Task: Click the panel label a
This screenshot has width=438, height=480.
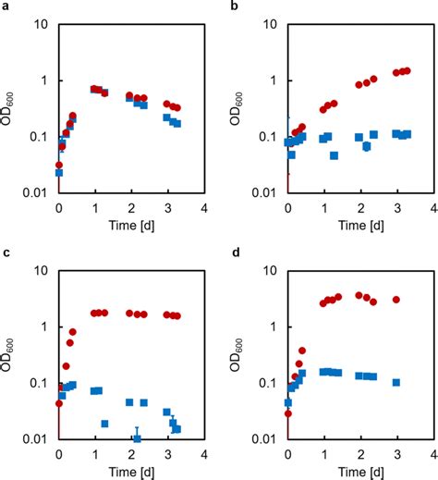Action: pos(6,6)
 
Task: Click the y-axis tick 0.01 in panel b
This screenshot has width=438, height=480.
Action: pos(267,193)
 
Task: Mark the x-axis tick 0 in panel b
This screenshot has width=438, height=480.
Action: pos(287,207)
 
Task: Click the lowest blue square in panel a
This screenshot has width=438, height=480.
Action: pos(59,172)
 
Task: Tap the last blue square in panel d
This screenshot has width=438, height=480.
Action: pos(395,382)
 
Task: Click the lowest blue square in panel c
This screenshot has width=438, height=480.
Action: pos(137,437)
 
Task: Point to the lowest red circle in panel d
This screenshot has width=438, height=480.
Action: pos(287,413)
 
